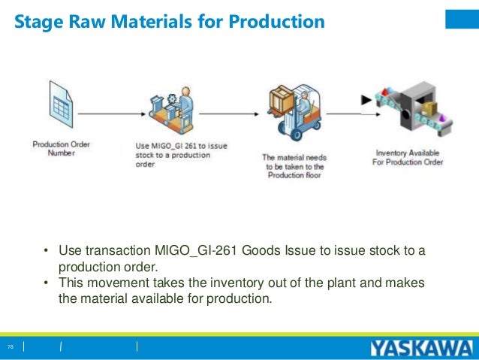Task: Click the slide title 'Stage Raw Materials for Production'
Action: click(x=170, y=22)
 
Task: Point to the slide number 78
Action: click(x=11, y=346)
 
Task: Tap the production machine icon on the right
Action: click(x=417, y=110)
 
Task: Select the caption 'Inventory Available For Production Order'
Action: click(x=408, y=157)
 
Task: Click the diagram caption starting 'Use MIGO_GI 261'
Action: click(x=173, y=156)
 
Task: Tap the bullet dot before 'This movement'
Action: click(x=47, y=283)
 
